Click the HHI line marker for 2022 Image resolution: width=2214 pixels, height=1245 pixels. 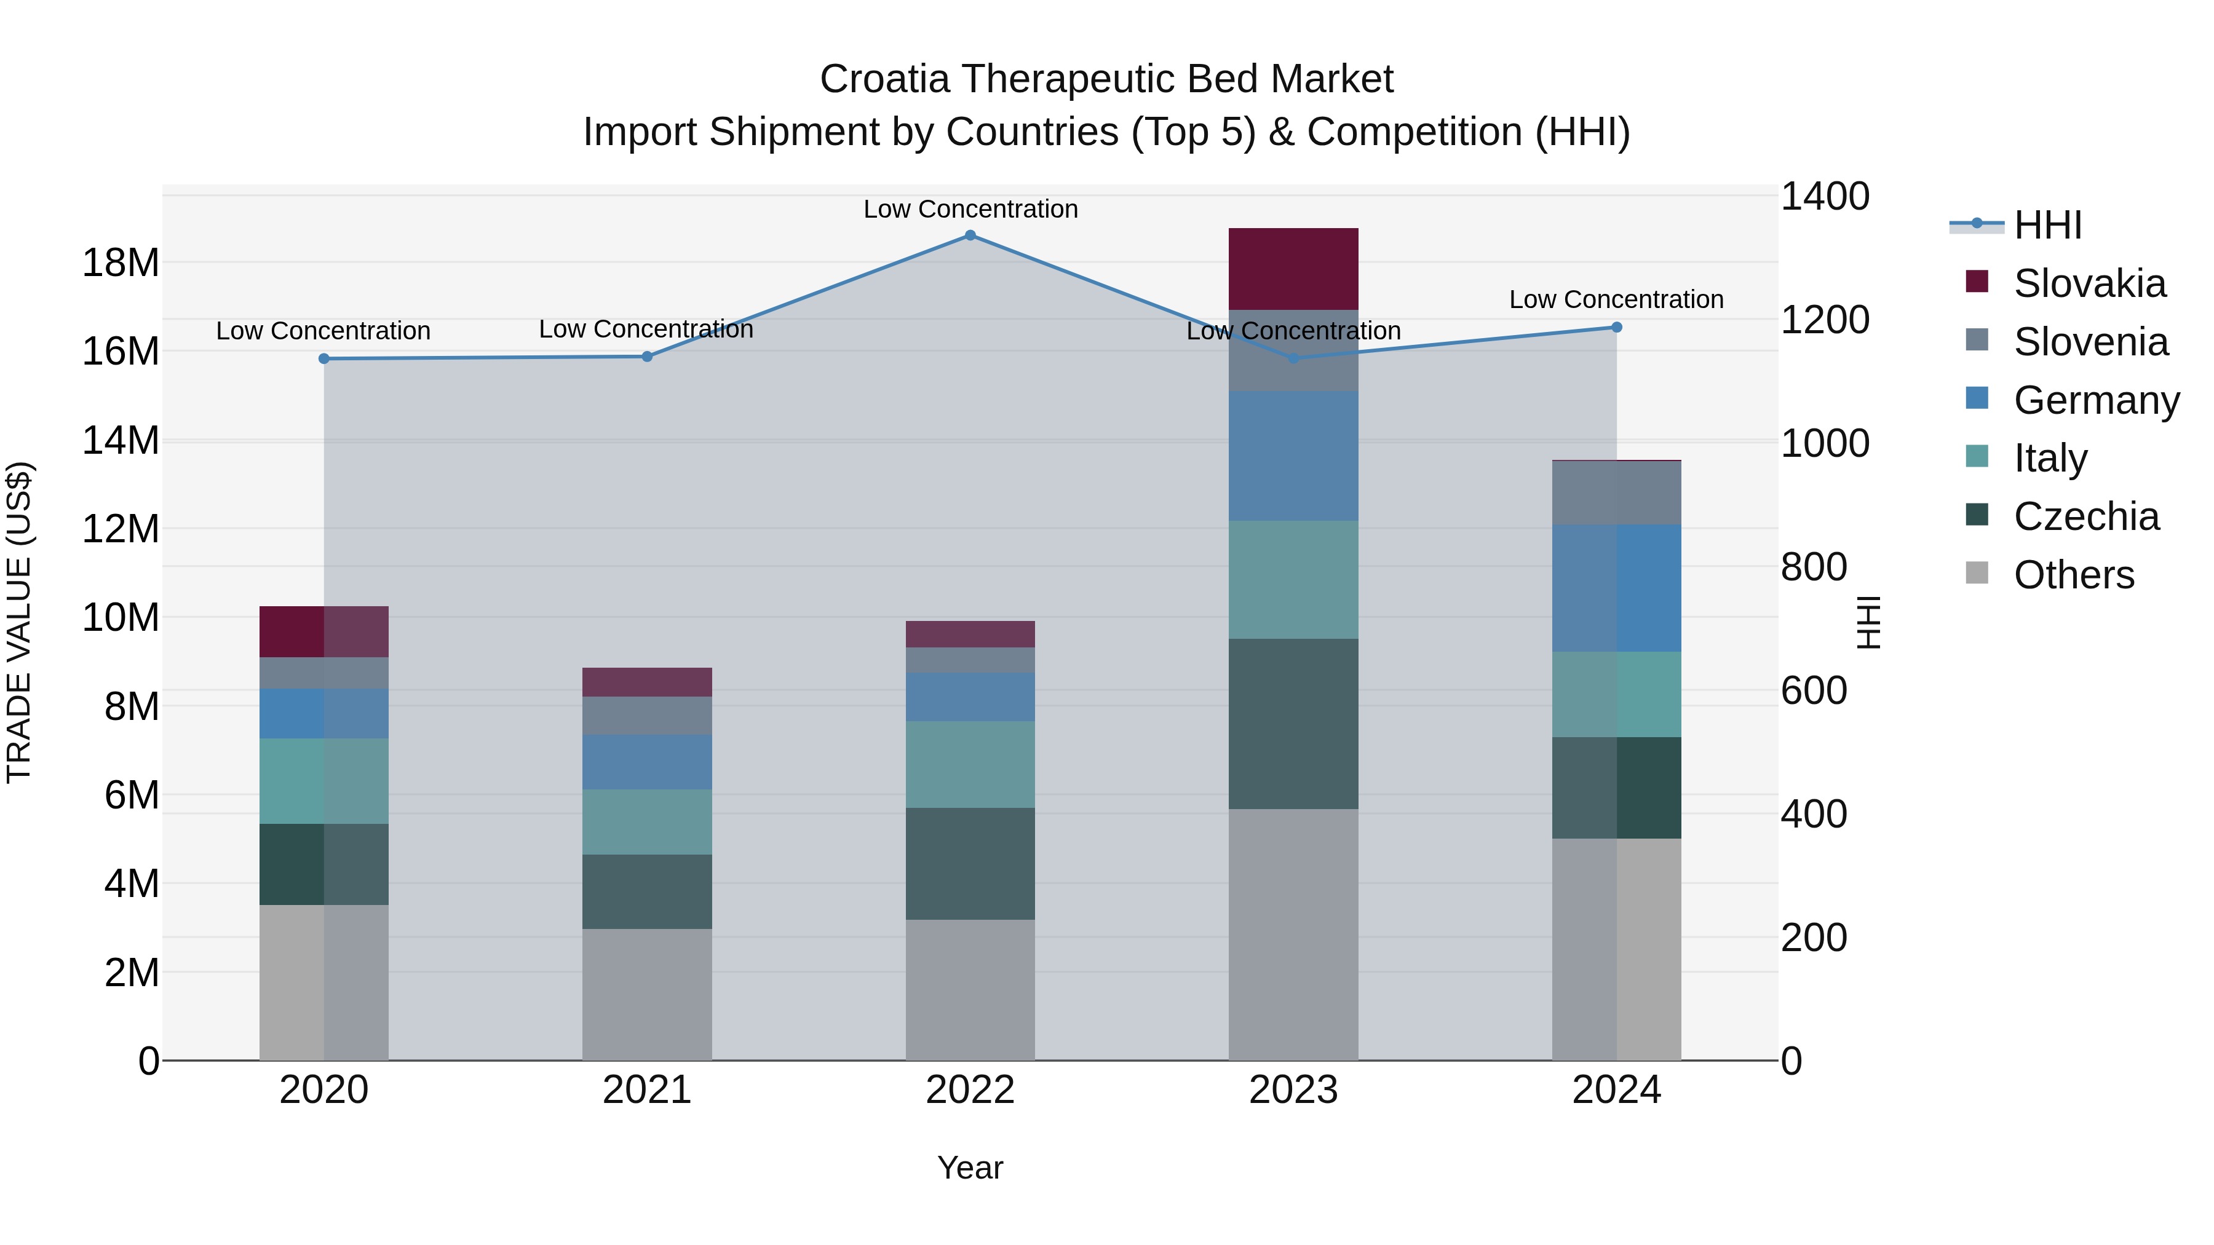(970, 235)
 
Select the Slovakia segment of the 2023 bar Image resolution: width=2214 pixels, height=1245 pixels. (1293, 269)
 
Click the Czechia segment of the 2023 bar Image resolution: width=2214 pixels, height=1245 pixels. (1293, 724)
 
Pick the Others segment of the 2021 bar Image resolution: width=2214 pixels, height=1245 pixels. (646, 994)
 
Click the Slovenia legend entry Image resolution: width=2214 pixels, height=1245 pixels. (2090, 342)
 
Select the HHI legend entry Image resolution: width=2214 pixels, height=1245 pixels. (2047, 225)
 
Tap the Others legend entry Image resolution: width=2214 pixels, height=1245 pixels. (2073, 575)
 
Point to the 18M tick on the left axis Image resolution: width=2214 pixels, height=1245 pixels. (121, 263)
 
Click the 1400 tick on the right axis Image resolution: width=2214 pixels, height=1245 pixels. (1824, 196)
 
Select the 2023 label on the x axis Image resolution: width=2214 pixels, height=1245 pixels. (1293, 1090)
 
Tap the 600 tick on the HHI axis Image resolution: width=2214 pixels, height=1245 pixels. (1814, 691)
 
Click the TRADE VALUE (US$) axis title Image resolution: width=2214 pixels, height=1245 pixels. (19, 622)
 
